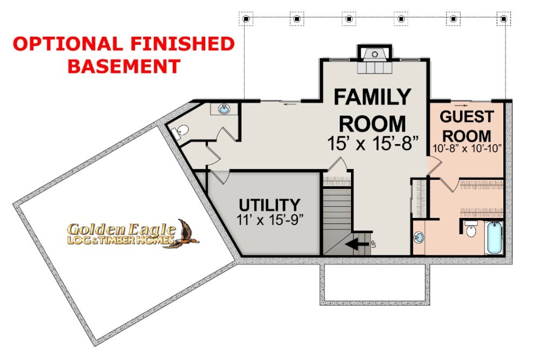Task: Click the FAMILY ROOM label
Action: (373, 110)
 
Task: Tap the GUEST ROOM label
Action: (467, 126)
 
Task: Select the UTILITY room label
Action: (269, 205)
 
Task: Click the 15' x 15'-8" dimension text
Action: (373, 143)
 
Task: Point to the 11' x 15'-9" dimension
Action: (269, 220)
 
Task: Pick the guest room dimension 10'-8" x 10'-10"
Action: (467, 148)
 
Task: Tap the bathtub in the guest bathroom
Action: (494, 238)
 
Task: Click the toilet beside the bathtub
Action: (471, 229)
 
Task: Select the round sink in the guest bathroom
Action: (419, 237)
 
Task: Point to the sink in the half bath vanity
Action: (224, 109)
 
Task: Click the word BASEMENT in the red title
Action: (124, 66)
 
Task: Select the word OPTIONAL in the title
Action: (67, 44)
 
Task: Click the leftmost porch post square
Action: (246, 19)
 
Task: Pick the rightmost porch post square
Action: (503, 19)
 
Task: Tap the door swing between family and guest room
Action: (435, 165)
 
